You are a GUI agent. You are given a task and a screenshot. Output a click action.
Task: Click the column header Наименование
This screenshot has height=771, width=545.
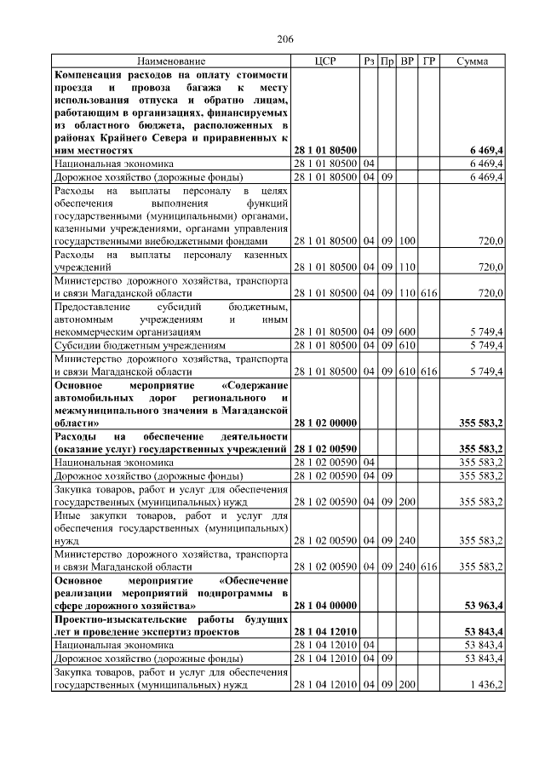pyautogui.click(x=171, y=61)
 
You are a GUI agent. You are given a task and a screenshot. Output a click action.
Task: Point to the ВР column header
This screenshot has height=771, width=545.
pyautogui.click(x=406, y=61)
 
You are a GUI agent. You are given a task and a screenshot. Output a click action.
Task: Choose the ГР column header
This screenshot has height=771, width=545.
pyautogui.click(x=428, y=61)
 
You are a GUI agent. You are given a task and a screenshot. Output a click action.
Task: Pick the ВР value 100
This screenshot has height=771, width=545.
pyautogui.click(x=406, y=242)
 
